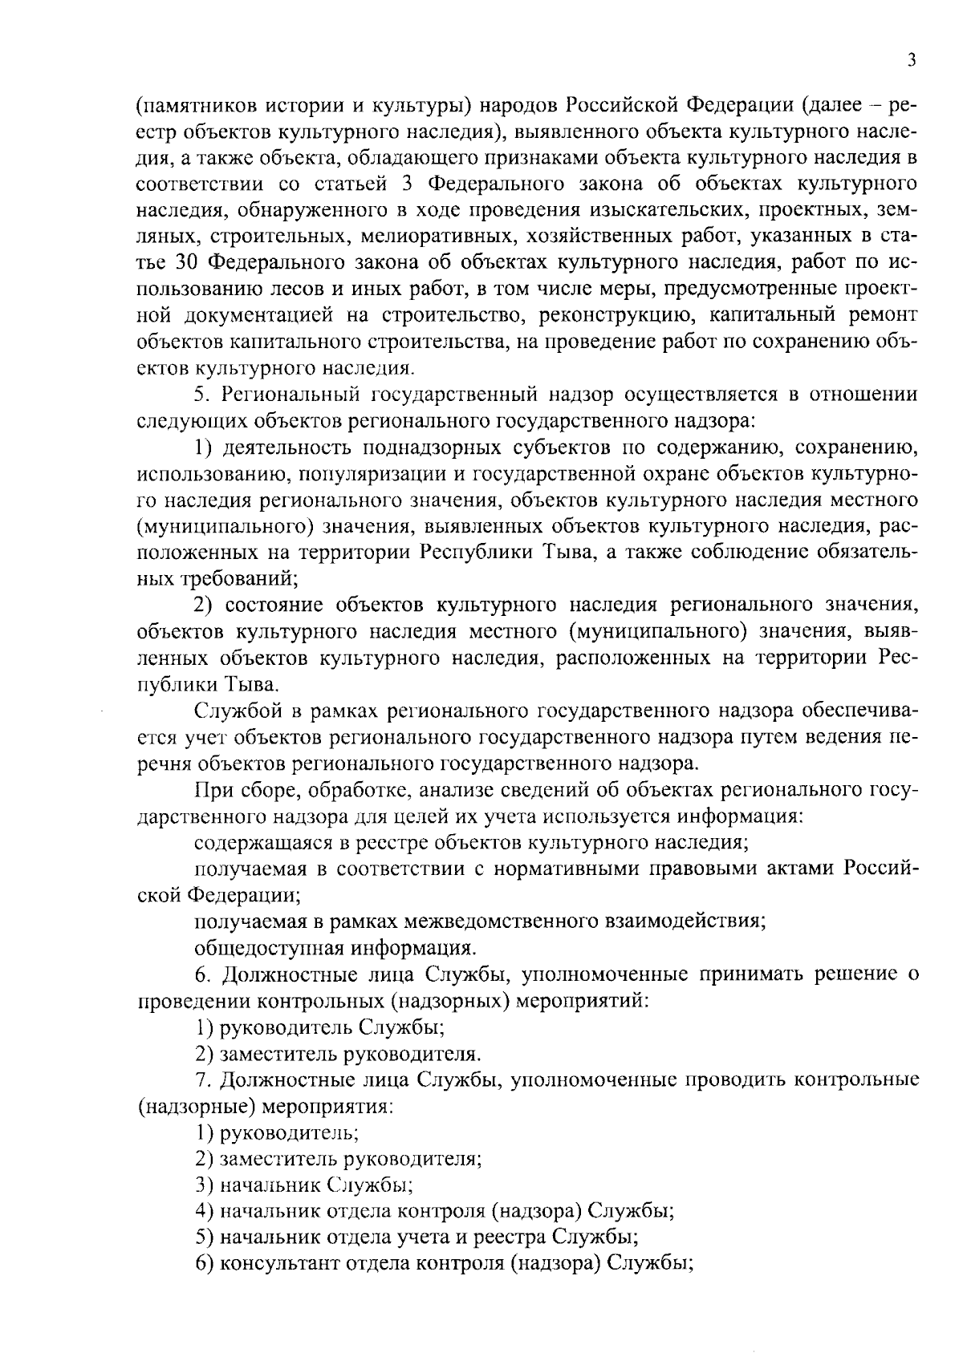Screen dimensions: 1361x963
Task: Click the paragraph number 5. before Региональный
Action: (x=202, y=394)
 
